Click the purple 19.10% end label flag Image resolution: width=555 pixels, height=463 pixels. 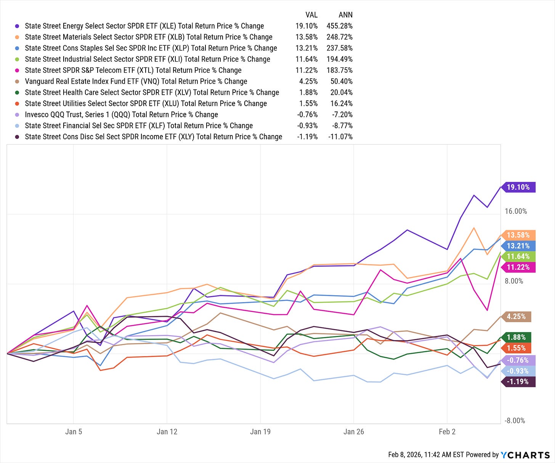tap(518, 187)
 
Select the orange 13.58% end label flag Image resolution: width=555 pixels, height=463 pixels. tap(518, 235)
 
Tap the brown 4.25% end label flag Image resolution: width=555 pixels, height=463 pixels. tap(516, 317)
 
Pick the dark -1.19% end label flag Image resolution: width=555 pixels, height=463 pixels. tap(518, 382)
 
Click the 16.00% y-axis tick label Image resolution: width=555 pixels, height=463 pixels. tap(516, 211)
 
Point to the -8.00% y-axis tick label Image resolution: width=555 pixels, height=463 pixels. tap(515, 420)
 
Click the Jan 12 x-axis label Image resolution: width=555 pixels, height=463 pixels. tap(167, 432)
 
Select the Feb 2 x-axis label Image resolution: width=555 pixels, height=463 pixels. tap(447, 432)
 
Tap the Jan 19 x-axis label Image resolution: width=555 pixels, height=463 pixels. tap(260, 432)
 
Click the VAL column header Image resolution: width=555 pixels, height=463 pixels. tap(311, 15)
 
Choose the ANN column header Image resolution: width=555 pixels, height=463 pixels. tap(346, 15)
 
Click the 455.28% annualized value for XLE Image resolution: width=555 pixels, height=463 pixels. tap(339, 26)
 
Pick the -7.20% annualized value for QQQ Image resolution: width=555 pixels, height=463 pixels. tap(342, 115)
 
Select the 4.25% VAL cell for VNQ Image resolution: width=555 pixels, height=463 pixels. tap(308, 81)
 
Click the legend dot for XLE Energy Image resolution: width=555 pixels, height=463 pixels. tap(17, 26)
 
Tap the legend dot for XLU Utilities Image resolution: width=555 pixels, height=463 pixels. tap(17, 104)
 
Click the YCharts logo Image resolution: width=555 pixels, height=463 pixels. tap(525, 455)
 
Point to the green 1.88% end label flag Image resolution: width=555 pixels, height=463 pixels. tap(516, 337)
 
